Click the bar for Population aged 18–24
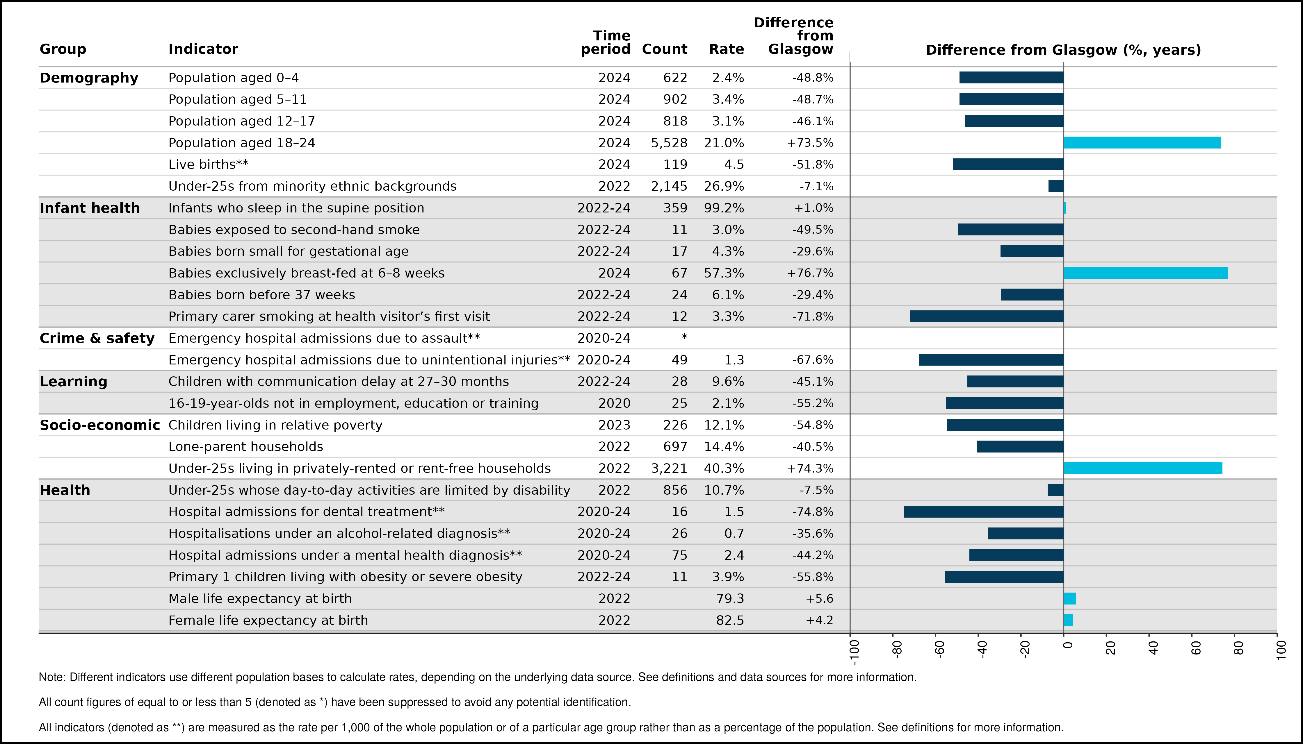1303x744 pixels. [1142, 143]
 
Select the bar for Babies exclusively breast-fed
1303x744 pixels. [1145, 273]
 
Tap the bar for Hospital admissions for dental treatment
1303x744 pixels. [984, 512]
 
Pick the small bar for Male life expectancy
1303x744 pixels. [1070, 598]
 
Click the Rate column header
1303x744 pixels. [726, 49]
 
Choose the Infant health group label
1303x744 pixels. [90, 208]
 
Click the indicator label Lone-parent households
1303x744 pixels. [246, 447]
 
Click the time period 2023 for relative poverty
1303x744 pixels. [614, 425]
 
